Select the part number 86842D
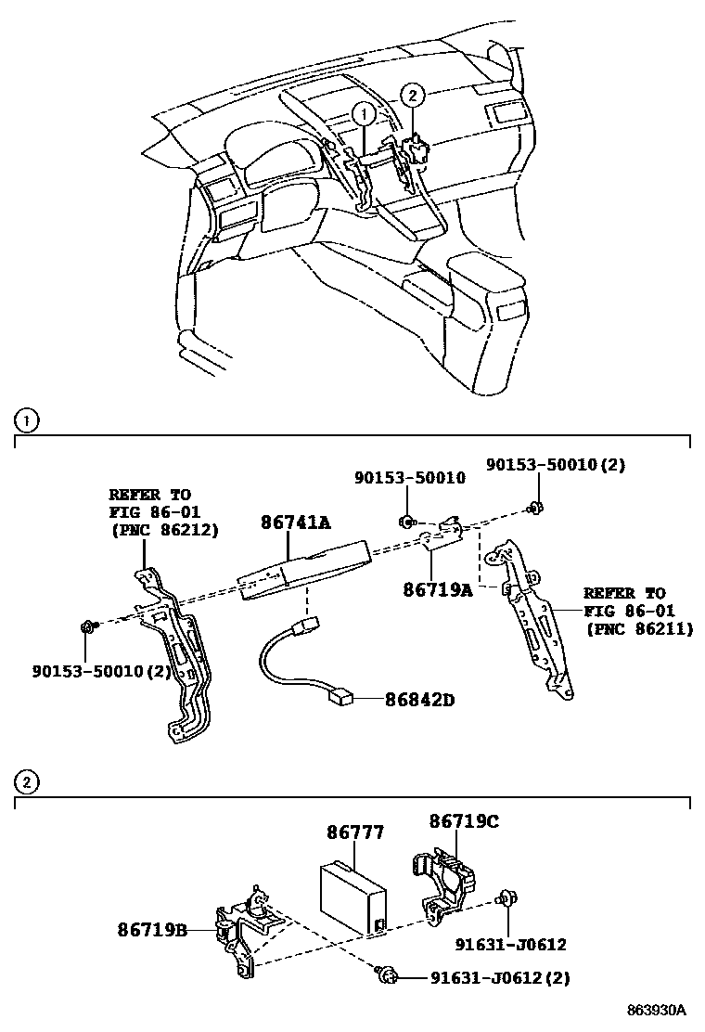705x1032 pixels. coord(420,700)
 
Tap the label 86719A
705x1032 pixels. coord(437,588)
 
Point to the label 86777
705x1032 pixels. coord(355,832)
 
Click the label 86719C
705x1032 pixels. coord(464,821)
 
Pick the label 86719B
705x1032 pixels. coord(153,929)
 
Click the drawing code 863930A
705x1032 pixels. coord(655,1010)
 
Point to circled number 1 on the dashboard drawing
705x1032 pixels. coord(364,114)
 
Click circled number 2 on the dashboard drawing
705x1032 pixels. coord(413,94)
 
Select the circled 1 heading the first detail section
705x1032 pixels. coord(27,421)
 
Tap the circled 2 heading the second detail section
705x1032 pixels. coord(27,782)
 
